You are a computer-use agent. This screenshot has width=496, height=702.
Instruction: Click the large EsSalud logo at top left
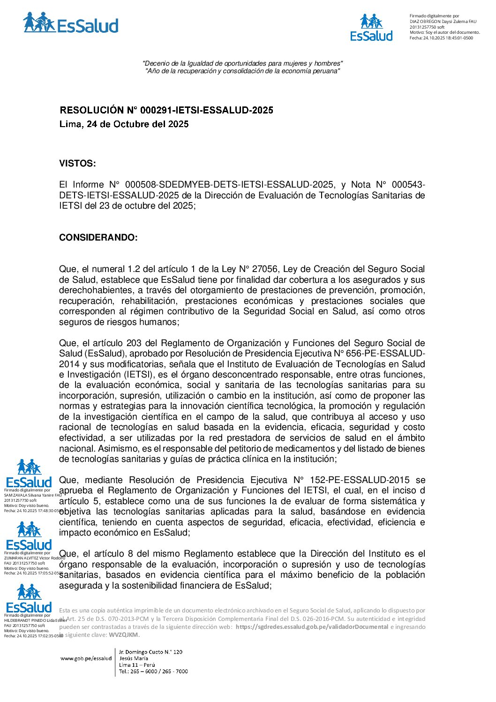[x=70, y=23]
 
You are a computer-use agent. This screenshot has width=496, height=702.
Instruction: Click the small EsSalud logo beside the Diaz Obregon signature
[x=371, y=28]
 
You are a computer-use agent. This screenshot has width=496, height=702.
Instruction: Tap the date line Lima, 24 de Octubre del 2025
[x=124, y=124]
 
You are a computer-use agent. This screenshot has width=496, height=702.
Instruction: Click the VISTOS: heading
[x=77, y=164]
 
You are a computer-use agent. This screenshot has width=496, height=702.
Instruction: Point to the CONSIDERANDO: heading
[x=98, y=238]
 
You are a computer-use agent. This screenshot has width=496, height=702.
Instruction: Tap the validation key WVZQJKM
[x=123, y=635]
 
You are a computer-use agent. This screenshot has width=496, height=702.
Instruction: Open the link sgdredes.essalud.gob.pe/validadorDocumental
[x=311, y=627]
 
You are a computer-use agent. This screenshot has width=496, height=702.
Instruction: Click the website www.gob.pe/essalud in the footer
[x=86, y=658]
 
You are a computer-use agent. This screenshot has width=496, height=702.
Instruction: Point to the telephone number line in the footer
[x=153, y=672]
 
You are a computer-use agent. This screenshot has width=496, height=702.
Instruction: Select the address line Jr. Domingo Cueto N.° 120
[x=150, y=652]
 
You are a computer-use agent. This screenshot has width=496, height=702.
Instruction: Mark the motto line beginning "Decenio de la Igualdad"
[x=242, y=63]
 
